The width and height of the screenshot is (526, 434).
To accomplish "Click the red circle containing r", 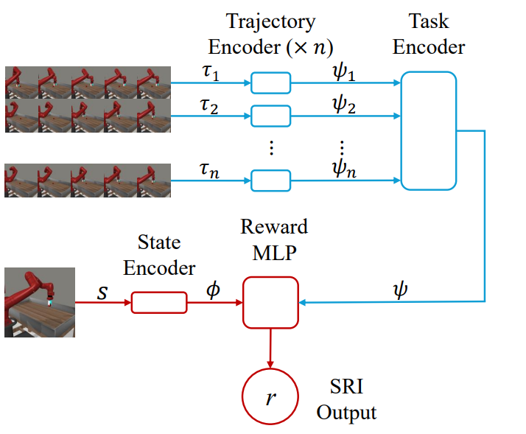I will (x=270, y=399).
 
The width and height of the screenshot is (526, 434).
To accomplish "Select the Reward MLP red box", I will (x=270, y=302).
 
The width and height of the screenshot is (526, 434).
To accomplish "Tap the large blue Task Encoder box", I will (x=429, y=131).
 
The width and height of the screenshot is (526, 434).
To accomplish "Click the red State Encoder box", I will (x=159, y=302).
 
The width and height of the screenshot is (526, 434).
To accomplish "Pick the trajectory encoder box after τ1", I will (x=271, y=83).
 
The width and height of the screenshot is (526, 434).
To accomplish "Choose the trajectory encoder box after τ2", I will (x=271, y=116).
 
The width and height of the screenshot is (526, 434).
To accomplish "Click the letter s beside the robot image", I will (x=102, y=293).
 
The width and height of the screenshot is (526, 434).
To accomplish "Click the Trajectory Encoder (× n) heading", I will (x=270, y=35).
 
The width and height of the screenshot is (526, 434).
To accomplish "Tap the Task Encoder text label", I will (x=429, y=35).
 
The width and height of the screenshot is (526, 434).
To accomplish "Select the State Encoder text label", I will (x=158, y=256).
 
